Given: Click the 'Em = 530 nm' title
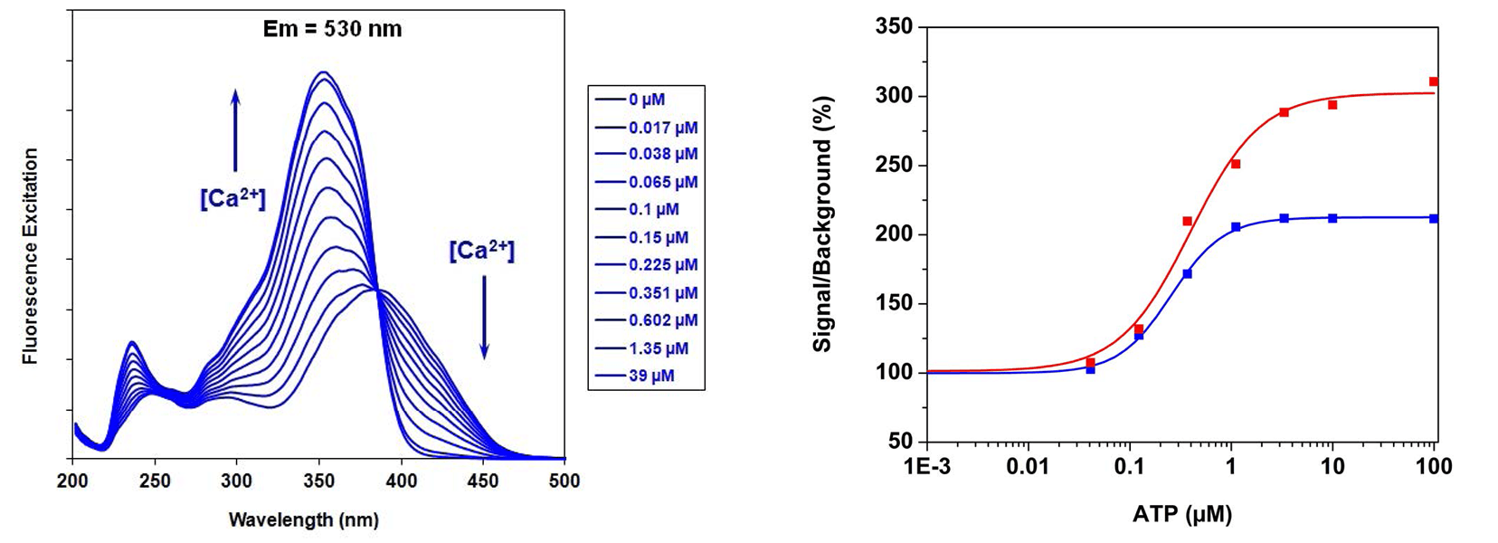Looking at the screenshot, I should [332, 29].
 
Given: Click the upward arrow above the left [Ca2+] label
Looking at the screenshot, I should [235, 130].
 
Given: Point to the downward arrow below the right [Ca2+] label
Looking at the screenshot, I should [484, 317].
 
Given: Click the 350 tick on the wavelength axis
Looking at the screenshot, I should [318, 481].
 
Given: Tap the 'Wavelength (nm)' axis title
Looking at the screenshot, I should [304, 520].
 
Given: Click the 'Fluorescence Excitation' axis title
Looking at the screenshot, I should [31, 256].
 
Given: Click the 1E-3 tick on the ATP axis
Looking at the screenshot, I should [926, 467].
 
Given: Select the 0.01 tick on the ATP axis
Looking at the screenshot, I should [1028, 467].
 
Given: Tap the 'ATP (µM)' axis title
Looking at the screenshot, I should [1181, 515].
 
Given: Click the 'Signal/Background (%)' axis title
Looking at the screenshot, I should [822, 224].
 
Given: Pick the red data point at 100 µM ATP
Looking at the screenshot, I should [1434, 81].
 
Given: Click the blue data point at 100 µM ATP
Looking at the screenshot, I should [1434, 218].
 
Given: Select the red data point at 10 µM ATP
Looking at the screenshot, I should [1332, 105].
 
